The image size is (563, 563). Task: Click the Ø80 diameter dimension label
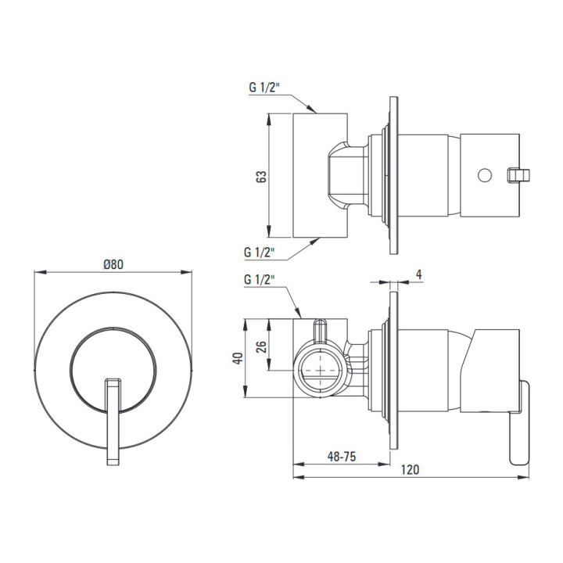coord(113,264)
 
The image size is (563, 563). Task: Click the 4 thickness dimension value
coord(419,274)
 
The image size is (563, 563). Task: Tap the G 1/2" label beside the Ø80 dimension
coord(259,279)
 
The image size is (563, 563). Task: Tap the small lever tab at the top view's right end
coord(517,175)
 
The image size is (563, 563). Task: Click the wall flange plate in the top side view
coord(393,175)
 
